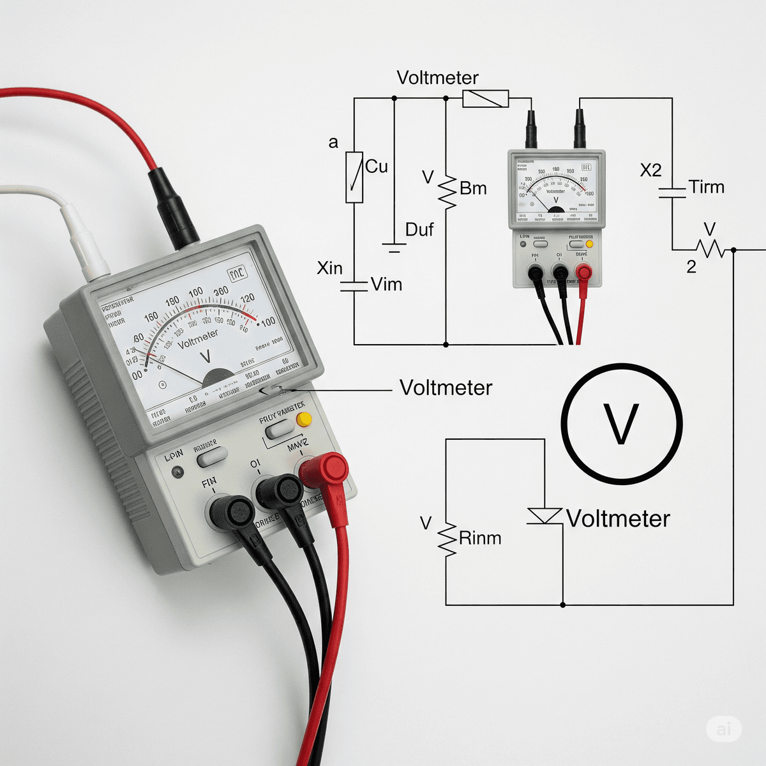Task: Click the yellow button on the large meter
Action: point(304,419)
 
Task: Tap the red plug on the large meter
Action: point(326,470)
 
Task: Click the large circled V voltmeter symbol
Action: point(622,423)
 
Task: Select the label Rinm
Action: point(480,538)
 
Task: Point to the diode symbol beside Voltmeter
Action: point(544,516)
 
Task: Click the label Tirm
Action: point(707,187)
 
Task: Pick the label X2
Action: point(650,170)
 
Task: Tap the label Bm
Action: point(473,188)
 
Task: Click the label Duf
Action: point(419,230)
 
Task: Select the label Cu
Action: point(376,167)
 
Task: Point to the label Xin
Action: point(329,268)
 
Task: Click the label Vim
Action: point(387,284)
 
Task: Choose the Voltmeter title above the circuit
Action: point(437,78)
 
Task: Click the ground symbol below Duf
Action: point(394,248)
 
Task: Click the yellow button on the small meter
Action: point(589,244)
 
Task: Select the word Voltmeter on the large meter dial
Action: point(198,339)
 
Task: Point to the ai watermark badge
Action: point(723,728)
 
